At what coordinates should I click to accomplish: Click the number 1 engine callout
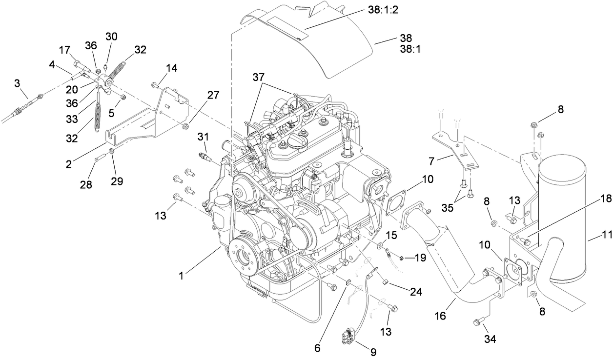click(181, 276)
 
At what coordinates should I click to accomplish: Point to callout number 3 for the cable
click(17, 83)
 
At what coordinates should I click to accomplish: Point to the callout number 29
click(117, 181)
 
